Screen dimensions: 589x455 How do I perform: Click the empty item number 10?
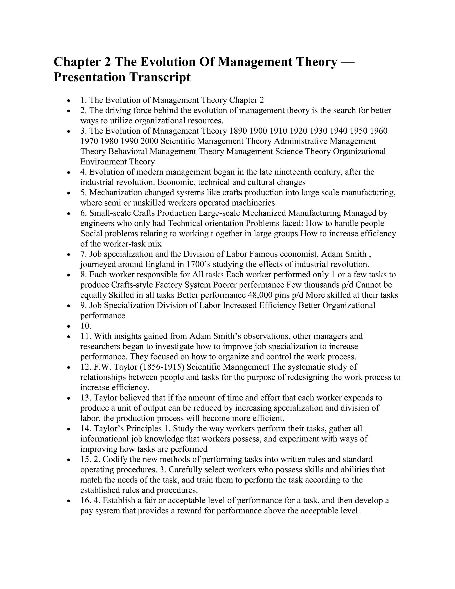coord(86,326)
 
